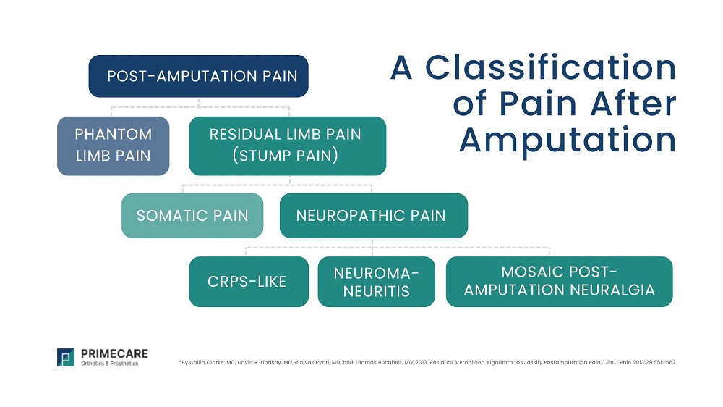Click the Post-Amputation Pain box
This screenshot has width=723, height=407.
(x=198, y=76)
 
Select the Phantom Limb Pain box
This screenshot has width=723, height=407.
(x=113, y=146)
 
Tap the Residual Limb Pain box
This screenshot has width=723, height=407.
(x=287, y=146)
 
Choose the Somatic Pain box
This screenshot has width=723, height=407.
(x=192, y=216)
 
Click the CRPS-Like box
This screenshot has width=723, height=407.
(x=248, y=282)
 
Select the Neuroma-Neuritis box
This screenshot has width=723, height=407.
(x=376, y=282)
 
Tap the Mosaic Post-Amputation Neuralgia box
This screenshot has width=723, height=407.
(x=559, y=282)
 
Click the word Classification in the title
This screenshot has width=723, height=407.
(x=551, y=68)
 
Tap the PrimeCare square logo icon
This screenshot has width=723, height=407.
(x=66, y=357)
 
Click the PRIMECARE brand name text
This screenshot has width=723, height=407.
(x=114, y=353)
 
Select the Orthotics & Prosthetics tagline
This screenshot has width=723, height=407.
(x=109, y=364)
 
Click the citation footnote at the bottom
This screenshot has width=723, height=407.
(x=426, y=361)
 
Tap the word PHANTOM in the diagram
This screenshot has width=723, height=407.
(x=114, y=135)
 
